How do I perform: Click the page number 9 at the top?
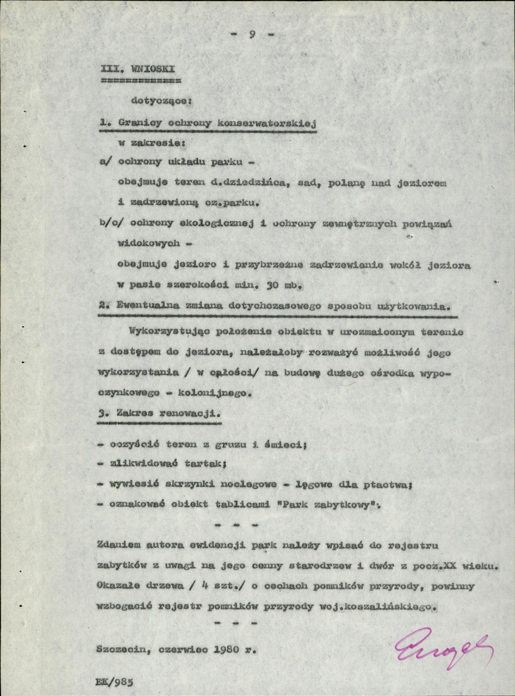[x=252, y=34]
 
